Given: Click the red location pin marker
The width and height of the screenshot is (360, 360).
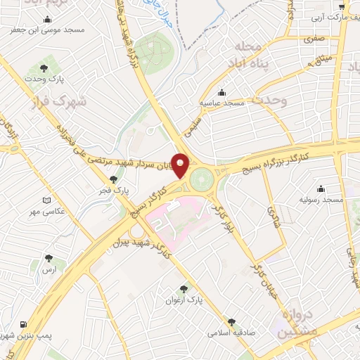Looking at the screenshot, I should (x=181, y=165).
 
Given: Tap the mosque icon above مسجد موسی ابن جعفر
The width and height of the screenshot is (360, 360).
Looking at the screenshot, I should (x=47, y=20).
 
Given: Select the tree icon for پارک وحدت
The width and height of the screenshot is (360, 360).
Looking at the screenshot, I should (x=44, y=68).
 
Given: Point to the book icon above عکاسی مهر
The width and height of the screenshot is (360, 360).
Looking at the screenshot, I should (x=47, y=200).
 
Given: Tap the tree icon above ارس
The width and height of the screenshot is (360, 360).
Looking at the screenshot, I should (x=49, y=258).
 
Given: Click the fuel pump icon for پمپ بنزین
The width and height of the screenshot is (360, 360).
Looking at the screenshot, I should (x=25, y=325).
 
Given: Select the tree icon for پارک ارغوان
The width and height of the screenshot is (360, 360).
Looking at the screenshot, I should (x=184, y=288).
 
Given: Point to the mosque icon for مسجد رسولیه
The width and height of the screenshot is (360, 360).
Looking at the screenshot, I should (x=321, y=188).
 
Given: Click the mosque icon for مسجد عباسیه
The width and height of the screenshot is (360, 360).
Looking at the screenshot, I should (x=222, y=92).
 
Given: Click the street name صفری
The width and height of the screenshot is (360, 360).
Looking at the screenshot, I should (x=314, y=40).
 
